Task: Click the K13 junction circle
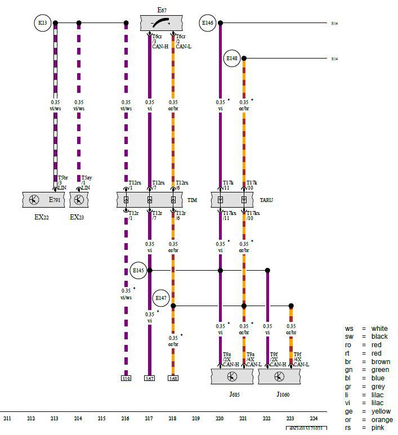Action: [43, 23]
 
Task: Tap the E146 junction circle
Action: [208, 23]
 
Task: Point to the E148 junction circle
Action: [232, 58]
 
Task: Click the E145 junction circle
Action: [138, 270]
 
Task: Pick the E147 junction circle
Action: [162, 297]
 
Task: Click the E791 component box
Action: [43, 200]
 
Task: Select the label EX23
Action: [77, 217]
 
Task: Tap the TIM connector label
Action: [193, 200]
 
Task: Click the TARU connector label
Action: [267, 200]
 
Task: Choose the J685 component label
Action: [235, 394]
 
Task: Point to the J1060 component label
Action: [283, 394]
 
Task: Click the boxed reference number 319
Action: [126, 378]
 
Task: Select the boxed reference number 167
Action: [149, 378]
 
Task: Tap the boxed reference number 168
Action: [173, 378]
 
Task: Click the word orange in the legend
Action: [382, 420]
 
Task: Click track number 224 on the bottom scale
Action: [314, 419]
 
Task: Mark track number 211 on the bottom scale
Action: [7, 419]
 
